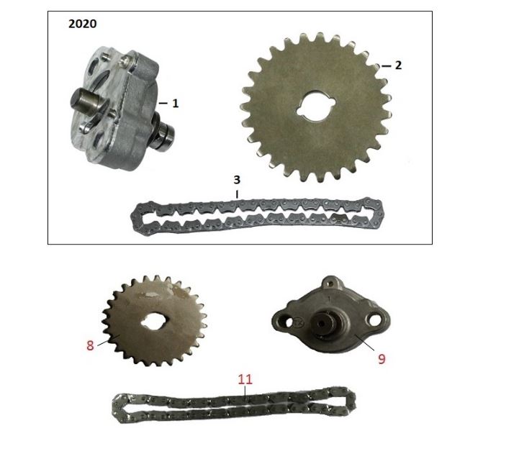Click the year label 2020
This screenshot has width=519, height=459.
click(x=82, y=24)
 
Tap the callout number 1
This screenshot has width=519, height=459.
click(x=176, y=104)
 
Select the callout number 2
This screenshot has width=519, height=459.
click(x=398, y=65)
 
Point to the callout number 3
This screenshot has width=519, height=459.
click(x=237, y=180)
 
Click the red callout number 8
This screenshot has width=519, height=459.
click(x=90, y=345)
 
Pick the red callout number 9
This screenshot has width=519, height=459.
click(x=382, y=359)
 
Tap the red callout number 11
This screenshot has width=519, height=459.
click(x=245, y=379)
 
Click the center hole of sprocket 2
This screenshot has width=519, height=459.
click(x=316, y=107)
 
